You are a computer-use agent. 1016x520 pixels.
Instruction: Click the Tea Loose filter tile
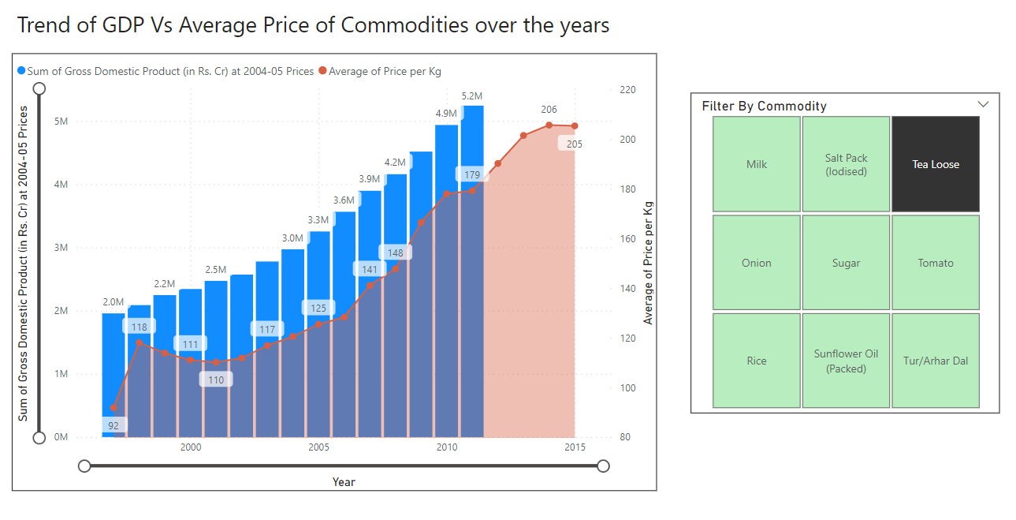point(936,164)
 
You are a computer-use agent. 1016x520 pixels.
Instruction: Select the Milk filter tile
point(757,164)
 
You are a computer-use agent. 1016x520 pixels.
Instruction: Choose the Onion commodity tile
point(757,263)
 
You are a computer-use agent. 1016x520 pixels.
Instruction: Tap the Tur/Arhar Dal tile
point(936,361)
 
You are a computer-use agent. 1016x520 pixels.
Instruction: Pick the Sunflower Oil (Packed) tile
point(846,361)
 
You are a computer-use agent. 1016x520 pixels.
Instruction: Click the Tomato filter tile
point(936,263)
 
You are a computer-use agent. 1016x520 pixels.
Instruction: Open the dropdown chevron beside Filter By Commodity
point(983,104)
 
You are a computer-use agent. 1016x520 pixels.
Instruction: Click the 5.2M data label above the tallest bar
point(472,96)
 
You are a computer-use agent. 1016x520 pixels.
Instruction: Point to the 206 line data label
point(549,110)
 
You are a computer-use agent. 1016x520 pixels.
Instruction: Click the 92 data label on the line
point(114,425)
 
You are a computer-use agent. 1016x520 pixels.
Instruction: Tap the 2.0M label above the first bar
point(114,301)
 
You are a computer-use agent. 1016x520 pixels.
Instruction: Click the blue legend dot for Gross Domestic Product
point(21,71)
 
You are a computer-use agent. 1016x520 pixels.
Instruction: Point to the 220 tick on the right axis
point(627,90)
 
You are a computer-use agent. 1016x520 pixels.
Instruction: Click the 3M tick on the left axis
point(61,248)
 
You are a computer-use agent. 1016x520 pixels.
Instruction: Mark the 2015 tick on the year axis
point(575,447)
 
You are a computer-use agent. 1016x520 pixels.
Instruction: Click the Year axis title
point(344,481)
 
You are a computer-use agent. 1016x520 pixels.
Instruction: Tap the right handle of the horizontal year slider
point(603,466)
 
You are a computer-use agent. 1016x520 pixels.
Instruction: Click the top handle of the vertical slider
point(39,90)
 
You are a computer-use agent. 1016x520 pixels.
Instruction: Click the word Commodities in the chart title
point(404,25)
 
